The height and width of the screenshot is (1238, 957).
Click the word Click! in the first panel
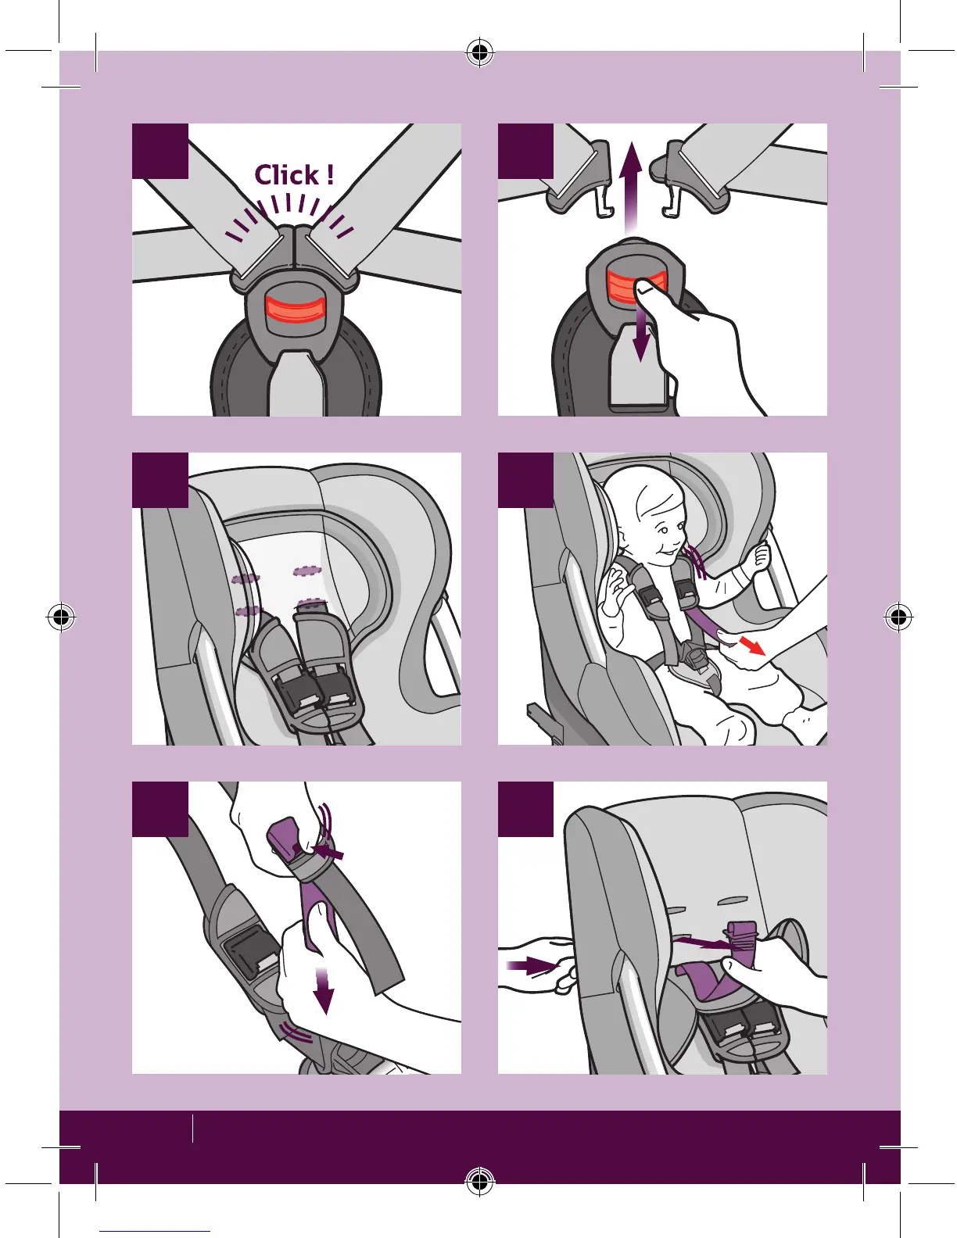[294, 175]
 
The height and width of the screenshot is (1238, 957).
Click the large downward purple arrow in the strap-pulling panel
[323, 991]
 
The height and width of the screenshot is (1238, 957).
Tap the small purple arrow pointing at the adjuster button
[329, 853]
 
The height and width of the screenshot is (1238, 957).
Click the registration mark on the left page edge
[61, 617]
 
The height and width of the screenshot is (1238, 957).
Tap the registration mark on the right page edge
[898, 617]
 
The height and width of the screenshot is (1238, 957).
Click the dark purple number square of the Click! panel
[160, 151]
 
